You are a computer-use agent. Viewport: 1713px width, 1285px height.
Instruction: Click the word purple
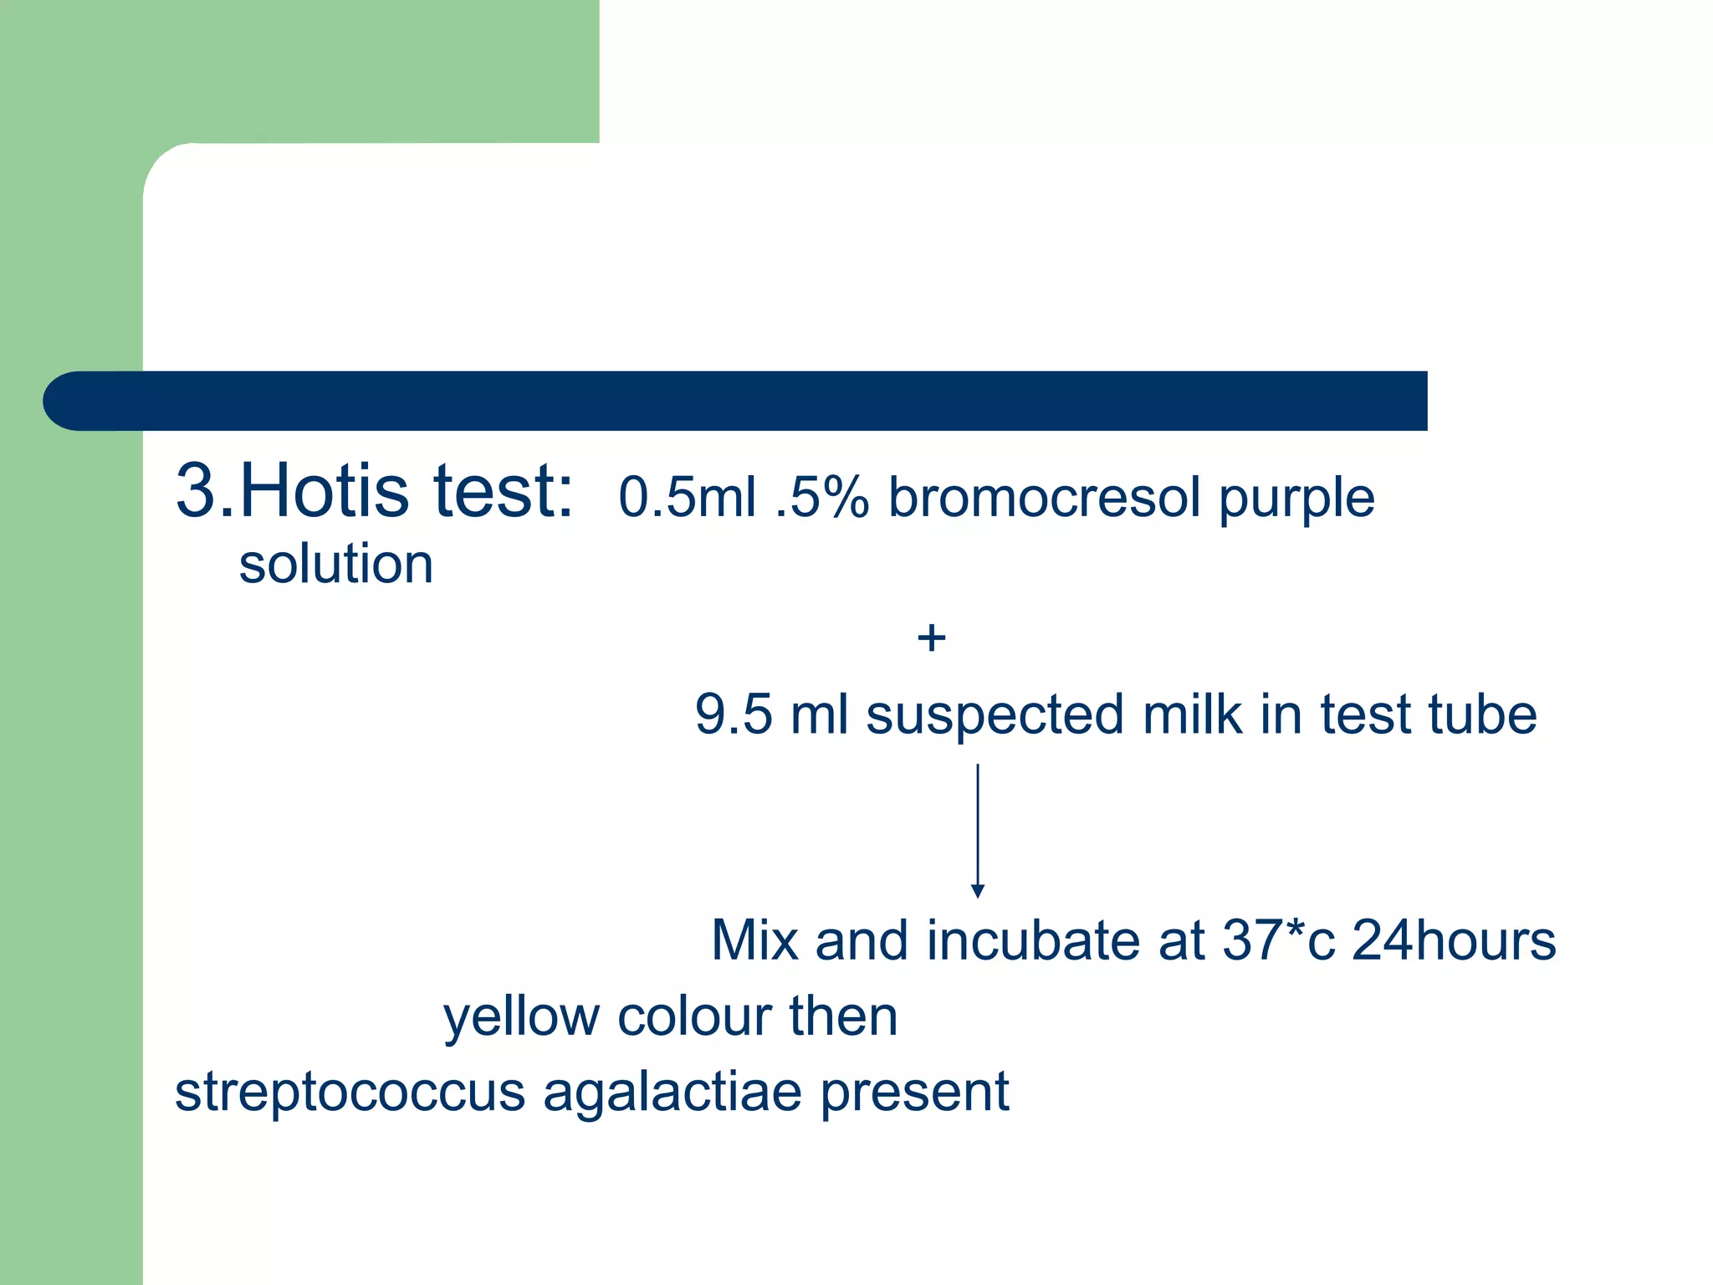click(1296, 499)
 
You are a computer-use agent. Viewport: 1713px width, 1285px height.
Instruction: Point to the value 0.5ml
click(687, 497)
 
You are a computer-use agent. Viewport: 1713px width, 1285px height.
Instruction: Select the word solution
click(336, 564)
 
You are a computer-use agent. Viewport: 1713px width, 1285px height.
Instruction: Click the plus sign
click(931, 639)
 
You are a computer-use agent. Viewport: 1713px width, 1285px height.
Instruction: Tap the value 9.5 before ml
click(734, 715)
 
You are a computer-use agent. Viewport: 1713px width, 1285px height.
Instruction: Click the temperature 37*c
click(1278, 940)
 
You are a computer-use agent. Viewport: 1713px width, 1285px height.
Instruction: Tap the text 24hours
click(1454, 940)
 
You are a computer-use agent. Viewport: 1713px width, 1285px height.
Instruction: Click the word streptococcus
click(350, 1093)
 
